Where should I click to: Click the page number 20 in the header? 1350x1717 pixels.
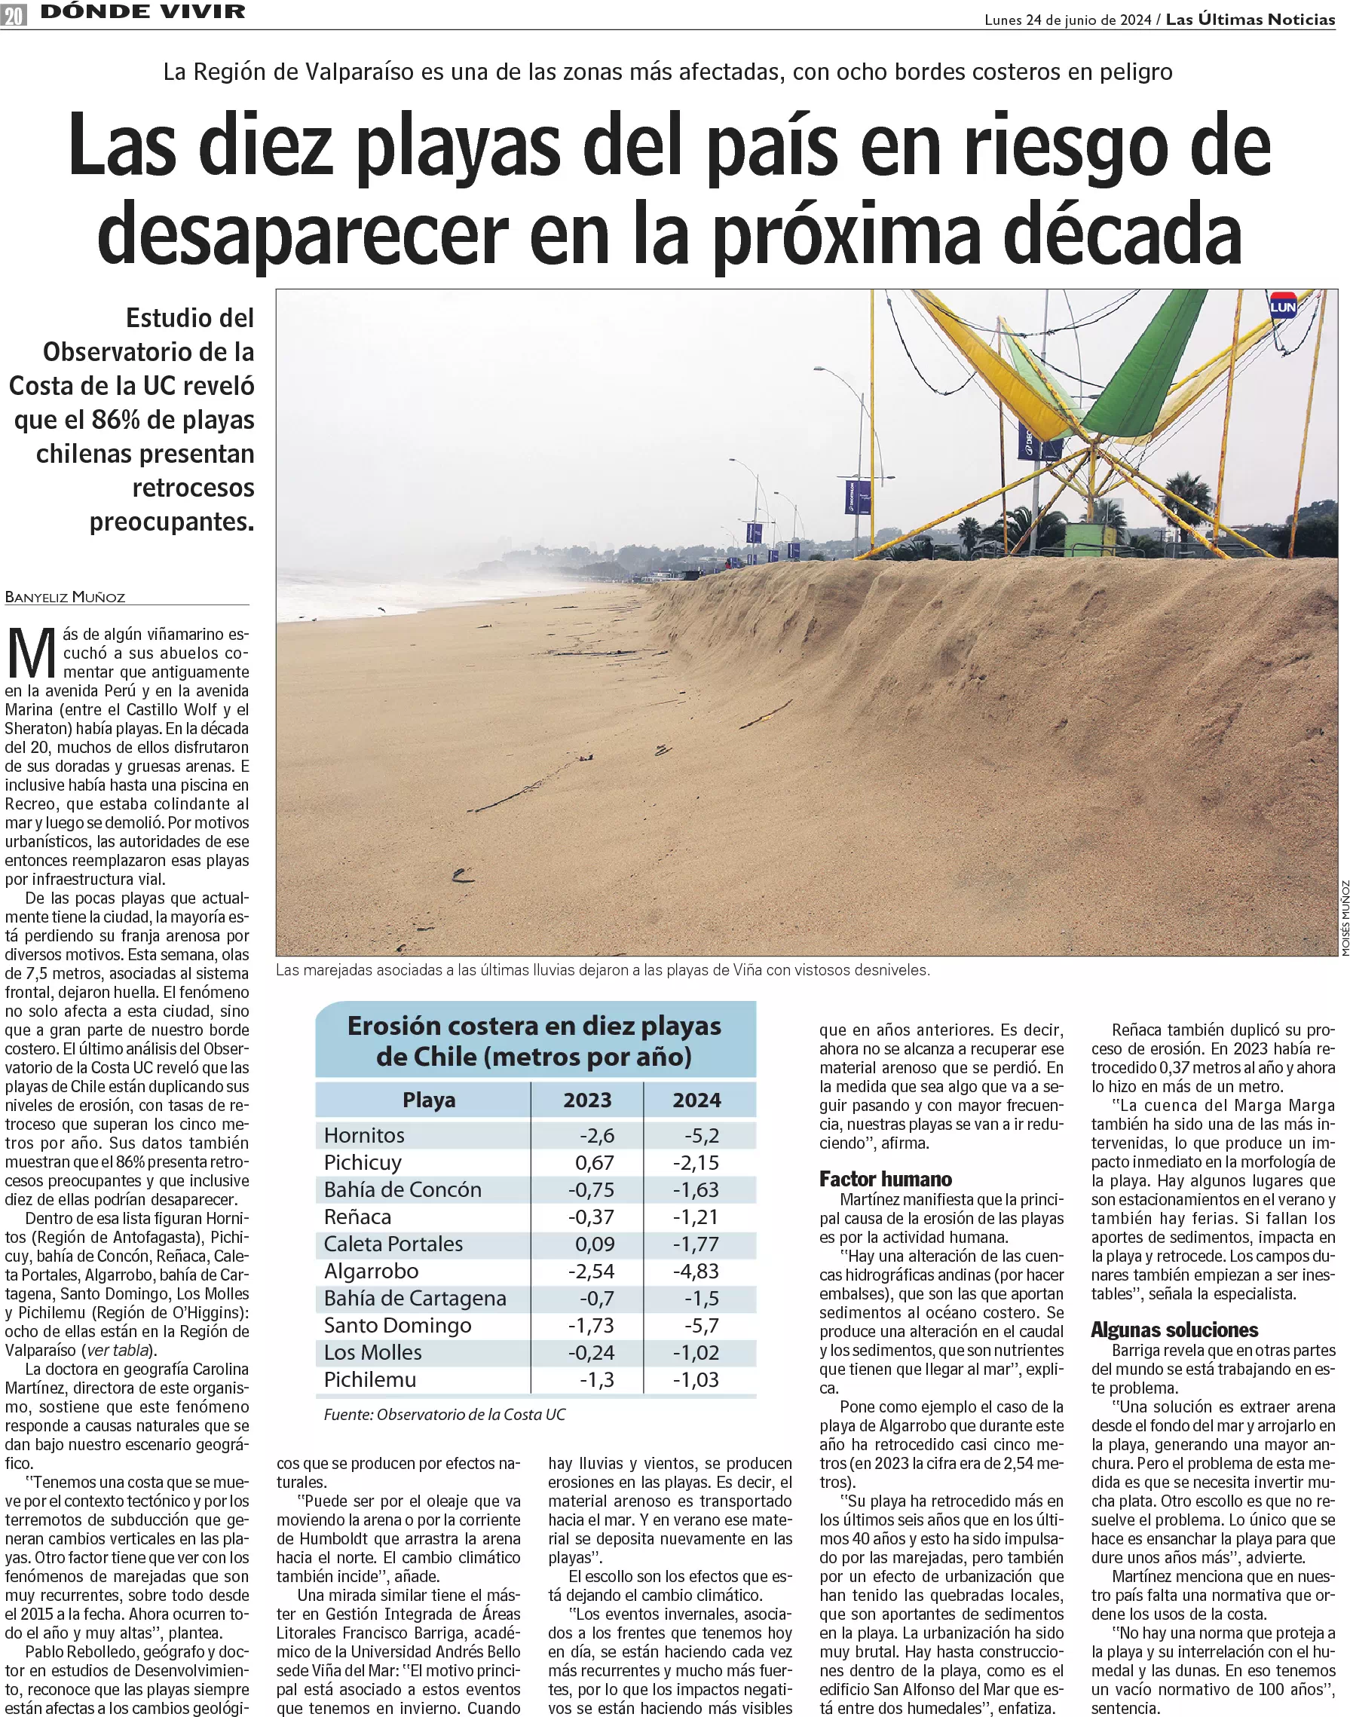pos(14,14)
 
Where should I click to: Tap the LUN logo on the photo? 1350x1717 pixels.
pos(1282,306)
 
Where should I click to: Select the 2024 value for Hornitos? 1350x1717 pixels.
pos(701,1135)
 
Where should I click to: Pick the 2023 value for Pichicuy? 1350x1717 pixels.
pos(595,1162)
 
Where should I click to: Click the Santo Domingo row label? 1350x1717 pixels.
pos(397,1325)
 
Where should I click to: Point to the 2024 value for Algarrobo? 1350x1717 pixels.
pos(696,1271)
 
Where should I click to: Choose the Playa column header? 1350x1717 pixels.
pos(428,1100)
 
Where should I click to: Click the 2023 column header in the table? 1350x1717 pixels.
pos(587,1100)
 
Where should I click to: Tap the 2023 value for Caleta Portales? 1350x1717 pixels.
pos(595,1244)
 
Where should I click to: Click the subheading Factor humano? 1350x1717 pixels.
pos(885,1180)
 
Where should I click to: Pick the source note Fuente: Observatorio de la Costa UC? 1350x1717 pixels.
pos(444,1414)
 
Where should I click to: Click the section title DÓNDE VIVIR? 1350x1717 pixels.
pos(143,13)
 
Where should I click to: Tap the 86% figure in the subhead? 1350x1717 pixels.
pos(115,420)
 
